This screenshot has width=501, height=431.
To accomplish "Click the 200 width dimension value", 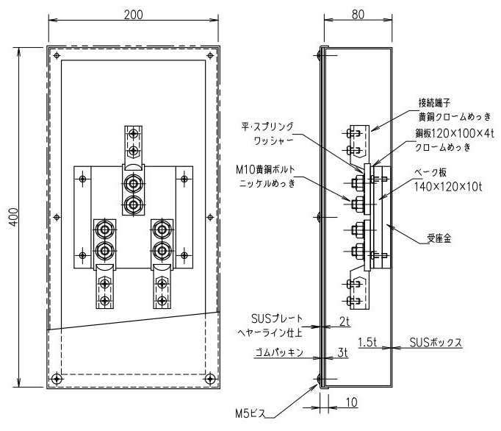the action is click(x=133, y=15).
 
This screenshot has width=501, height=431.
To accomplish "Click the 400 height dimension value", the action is click(x=14, y=217).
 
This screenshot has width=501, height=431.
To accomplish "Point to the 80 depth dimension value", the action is click(x=358, y=15).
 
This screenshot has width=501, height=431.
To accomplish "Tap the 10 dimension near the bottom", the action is click(x=351, y=402).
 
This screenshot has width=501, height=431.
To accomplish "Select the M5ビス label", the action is click(x=250, y=414).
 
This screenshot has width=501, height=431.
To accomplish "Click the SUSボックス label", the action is click(x=436, y=343).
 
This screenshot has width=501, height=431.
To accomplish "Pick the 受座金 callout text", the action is click(x=439, y=238).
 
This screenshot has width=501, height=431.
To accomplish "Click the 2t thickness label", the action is click(x=344, y=322).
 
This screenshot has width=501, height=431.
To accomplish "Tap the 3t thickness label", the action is click(x=342, y=352).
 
